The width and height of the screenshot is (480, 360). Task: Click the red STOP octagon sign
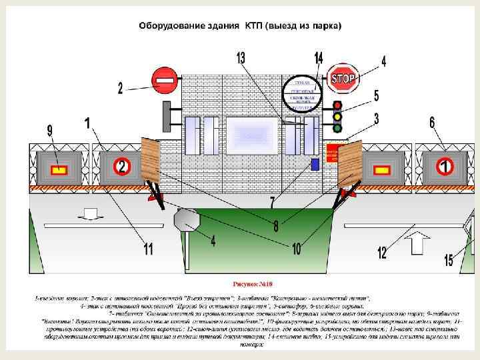(343, 79)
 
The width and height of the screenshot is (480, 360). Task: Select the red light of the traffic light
(337, 105)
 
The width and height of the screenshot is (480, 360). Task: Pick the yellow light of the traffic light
(337, 117)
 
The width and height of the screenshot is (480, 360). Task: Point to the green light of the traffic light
(337, 127)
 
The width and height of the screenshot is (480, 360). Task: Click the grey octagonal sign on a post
(187, 219)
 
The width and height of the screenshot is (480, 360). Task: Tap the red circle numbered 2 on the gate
(121, 167)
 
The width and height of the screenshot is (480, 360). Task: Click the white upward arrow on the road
(418, 241)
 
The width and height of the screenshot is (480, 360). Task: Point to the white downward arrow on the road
(91, 213)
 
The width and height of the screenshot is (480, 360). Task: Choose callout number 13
(240, 58)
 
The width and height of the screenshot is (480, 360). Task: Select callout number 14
(319, 58)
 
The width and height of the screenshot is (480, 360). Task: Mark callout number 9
(49, 131)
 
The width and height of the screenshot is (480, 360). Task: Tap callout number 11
(148, 249)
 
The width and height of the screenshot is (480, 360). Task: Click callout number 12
(381, 252)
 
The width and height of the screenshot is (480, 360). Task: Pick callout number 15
(449, 260)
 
